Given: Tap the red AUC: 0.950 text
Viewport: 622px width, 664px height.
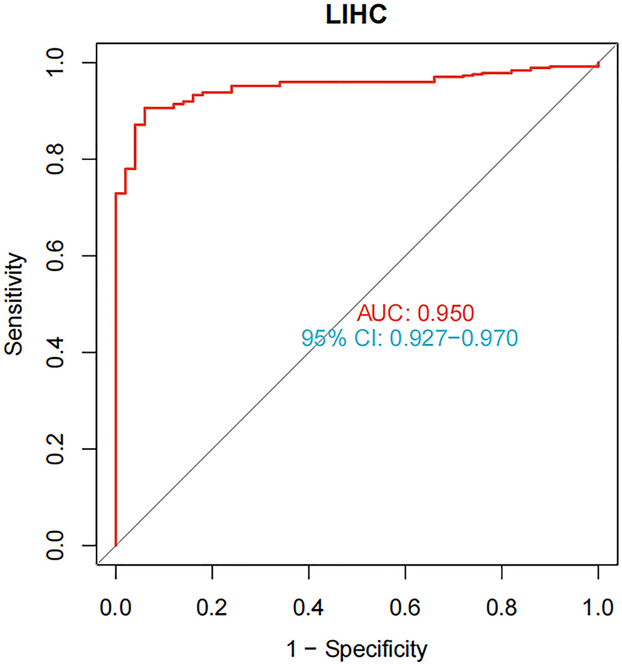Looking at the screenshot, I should (x=414, y=312).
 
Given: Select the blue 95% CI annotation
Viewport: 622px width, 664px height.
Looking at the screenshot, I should (x=409, y=338).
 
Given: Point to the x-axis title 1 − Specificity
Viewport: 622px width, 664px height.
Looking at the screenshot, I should (x=357, y=647).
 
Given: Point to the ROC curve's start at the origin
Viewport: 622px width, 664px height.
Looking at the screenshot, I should (x=116, y=545).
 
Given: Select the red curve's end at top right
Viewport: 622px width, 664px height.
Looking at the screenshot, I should (x=598, y=64).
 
